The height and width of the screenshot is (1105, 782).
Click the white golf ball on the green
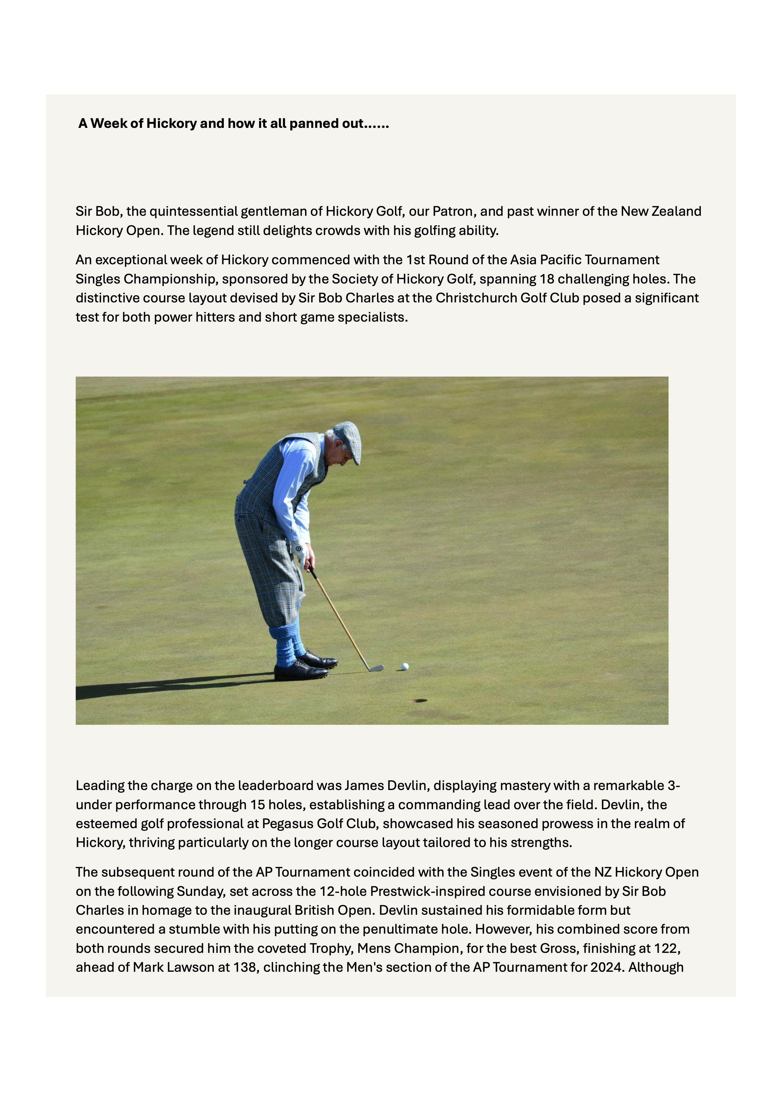(405, 666)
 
